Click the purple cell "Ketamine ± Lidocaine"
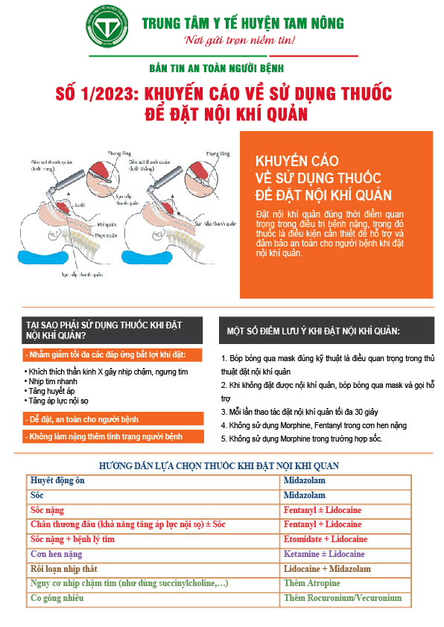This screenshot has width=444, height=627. pyautogui.click(x=324, y=554)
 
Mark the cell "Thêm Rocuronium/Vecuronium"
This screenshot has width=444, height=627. pyautogui.click(x=343, y=598)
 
